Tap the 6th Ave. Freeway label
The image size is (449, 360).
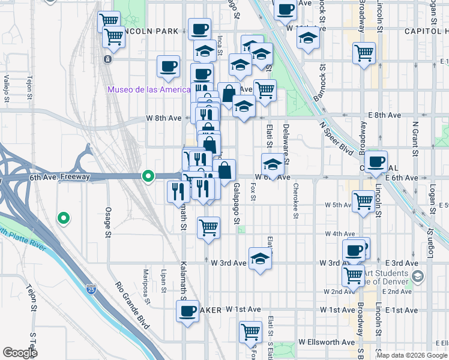[59, 177]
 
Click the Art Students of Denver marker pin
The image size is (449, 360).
[418, 277]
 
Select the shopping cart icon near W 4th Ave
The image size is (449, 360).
[208, 228]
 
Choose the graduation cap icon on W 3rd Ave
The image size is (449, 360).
[260, 259]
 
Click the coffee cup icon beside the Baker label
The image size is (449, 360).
[187, 311]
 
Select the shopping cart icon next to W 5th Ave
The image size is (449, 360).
[364, 202]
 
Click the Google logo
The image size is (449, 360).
[20, 353]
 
